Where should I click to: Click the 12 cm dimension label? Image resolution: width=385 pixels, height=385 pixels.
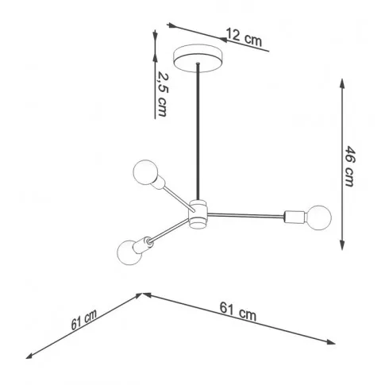(x=244, y=37)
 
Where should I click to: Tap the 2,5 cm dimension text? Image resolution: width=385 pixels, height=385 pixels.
(x=162, y=94)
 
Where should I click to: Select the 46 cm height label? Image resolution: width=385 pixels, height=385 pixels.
(x=350, y=166)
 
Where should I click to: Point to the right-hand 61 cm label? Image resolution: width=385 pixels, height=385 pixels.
(x=238, y=312)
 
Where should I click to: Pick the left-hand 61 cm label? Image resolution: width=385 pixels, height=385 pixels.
(x=84, y=320)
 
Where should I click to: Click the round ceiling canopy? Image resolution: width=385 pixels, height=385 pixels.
(x=197, y=59)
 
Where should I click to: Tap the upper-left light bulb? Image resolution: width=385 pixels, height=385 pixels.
(x=144, y=172)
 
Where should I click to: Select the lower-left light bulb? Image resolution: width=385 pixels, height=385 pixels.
(x=129, y=252)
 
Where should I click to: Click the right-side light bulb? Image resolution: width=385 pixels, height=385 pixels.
(x=318, y=218)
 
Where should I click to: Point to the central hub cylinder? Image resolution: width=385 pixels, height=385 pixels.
(x=198, y=214)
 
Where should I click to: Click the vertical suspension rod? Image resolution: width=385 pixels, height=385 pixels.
(x=198, y=131)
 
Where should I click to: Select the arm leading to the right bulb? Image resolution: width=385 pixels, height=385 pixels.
(x=245, y=215)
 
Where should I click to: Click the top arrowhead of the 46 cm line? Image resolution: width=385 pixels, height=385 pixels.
(x=342, y=84)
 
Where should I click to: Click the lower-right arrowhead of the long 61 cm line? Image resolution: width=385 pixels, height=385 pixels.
(x=331, y=342)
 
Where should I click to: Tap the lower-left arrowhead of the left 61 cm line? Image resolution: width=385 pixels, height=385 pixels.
(x=30, y=356)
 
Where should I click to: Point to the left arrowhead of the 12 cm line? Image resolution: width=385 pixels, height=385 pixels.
(x=171, y=25)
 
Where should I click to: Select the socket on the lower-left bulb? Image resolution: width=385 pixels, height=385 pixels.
(x=143, y=244)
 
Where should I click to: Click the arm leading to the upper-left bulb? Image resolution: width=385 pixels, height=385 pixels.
(x=179, y=199)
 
